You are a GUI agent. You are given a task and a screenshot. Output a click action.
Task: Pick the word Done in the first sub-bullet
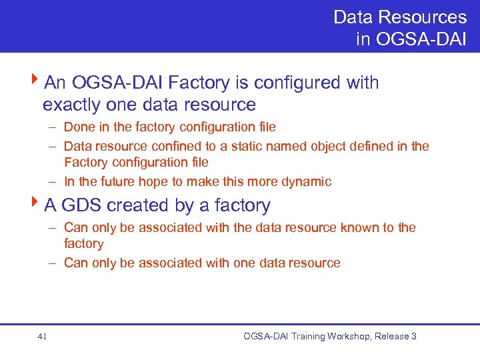(78, 127)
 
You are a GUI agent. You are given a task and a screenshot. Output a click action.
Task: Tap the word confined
(177, 146)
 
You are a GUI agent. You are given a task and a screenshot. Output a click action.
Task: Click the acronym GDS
(82, 205)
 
